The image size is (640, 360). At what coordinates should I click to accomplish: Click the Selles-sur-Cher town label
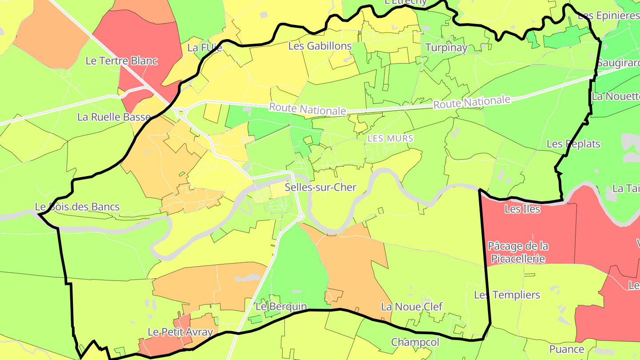320,187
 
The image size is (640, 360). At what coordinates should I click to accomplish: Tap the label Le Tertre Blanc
121,61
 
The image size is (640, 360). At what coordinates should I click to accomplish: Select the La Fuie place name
205,48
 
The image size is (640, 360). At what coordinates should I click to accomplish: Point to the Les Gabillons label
320,46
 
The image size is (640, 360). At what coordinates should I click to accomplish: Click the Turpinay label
446,48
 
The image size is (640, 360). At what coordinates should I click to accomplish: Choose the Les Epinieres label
608,16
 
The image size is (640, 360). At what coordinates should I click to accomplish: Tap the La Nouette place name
616,96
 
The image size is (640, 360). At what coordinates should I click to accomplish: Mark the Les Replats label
573,144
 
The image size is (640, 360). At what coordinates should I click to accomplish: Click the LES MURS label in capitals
391,139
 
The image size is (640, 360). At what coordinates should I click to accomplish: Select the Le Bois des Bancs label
77,207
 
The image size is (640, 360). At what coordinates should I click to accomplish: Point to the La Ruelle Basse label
114,117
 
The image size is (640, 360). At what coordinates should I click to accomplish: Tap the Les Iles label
522,208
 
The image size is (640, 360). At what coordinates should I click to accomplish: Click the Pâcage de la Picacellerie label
518,252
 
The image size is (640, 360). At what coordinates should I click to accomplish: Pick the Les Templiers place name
507,295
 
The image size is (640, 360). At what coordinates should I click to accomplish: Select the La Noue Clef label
412,307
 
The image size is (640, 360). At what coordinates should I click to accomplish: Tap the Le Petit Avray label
180,332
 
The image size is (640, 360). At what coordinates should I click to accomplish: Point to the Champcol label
415,342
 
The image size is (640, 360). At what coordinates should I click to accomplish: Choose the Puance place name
567,349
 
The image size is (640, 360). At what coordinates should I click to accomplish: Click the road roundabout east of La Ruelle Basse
181,113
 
